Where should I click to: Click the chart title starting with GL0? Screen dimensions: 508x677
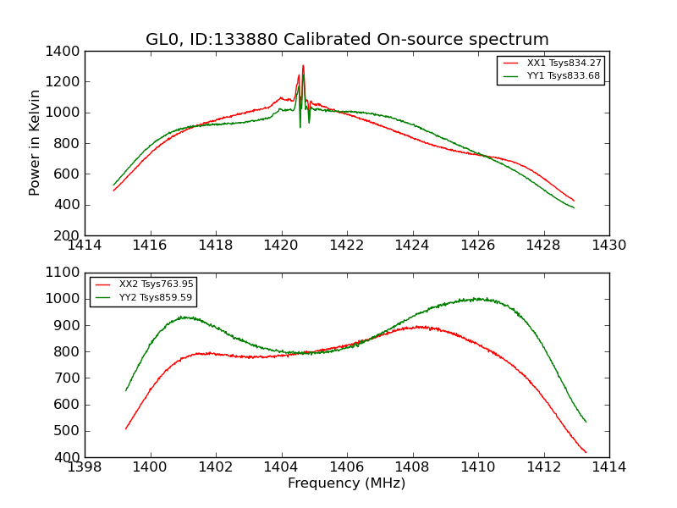pyautogui.click(x=347, y=40)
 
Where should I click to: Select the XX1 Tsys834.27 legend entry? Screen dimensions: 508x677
pyautogui.click(x=564, y=63)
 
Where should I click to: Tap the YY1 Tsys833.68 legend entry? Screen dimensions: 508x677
pyautogui.click(x=564, y=76)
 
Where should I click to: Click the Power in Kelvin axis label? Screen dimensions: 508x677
pyautogui.click(x=36, y=142)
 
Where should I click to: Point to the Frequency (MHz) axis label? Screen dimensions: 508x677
pyautogui.click(x=346, y=483)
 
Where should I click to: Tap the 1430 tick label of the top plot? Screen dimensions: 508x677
pyautogui.click(x=608, y=246)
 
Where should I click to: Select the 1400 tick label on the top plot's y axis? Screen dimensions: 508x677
pyautogui.click(x=63, y=51)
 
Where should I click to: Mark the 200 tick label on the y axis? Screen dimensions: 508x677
pyautogui.click(x=69, y=235)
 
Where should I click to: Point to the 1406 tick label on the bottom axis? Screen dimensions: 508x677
pyautogui.click(x=347, y=467)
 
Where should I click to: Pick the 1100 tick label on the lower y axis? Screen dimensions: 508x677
pyautogui.click(x=63, y=273)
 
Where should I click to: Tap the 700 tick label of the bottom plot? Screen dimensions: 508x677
pyautogui.click(x=69, y=378)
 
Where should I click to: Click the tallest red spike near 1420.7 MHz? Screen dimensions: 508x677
pyautogui.click(x=303, y=66)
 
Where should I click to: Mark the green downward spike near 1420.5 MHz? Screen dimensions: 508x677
pyautogui.click(x=300, y=126)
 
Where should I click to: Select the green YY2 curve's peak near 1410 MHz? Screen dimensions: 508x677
pyautogui.click(x=479, y=298)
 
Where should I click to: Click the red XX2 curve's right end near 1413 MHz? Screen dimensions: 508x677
pyautogui.click(x=586, y=452)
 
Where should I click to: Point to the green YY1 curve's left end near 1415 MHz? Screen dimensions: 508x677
pyautogui.click(x=114, y=185)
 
